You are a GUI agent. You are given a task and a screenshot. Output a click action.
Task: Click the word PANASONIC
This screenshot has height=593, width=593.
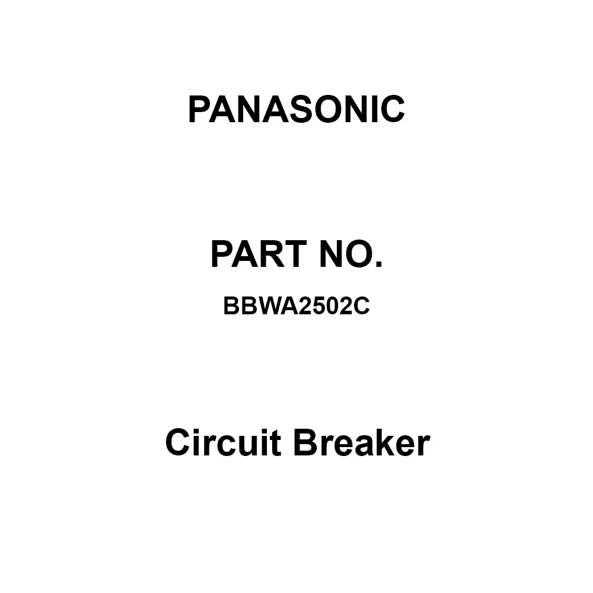coord(296,110)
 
